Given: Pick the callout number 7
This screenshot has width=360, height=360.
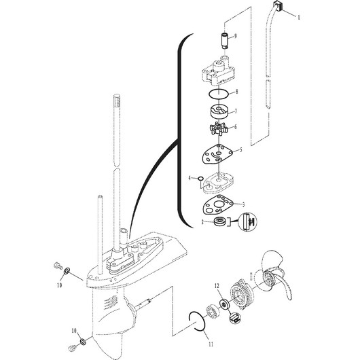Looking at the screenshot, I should (235, 111).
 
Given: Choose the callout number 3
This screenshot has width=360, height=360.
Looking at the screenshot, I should (244, 203).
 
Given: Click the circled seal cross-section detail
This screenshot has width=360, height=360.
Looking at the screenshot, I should (248, 221).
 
